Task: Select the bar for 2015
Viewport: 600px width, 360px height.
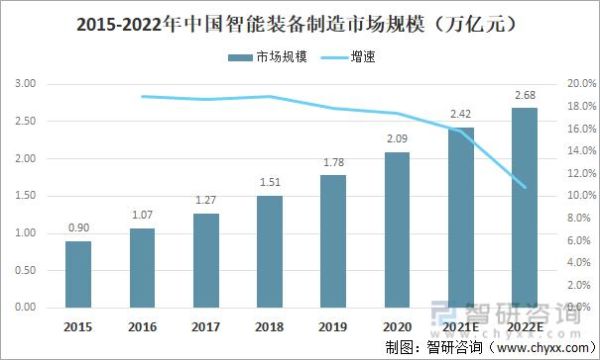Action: [x=79, y=275]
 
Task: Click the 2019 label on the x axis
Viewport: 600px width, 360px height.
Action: [x=333, y=327]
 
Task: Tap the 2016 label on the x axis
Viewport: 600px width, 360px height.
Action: [x=142, y=327]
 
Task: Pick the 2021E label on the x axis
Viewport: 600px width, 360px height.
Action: [x=460, y=327]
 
